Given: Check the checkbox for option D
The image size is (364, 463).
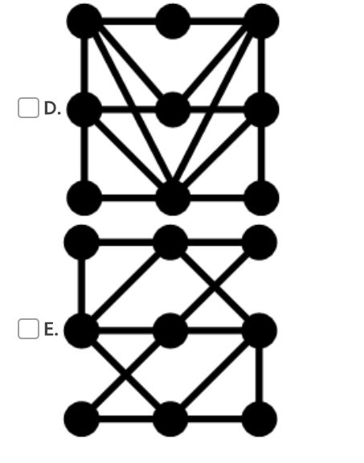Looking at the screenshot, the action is click(x=28, y=108).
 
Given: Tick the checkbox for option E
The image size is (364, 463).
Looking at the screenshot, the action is click(x=28, y=328).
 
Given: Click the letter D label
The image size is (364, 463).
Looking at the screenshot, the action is click(x=52, y=108).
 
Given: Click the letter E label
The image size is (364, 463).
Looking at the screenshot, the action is click(x=51, y=328).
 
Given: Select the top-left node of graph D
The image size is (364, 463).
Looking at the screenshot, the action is click(x=84, y=21).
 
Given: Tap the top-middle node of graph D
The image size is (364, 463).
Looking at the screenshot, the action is click(x=173, y=21).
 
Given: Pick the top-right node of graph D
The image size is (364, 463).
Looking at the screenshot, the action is click(x=261, y=21).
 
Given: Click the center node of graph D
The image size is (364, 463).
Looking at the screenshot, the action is click(x=173, y=109).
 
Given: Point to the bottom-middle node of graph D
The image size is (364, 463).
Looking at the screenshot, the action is click(x=173, y=198).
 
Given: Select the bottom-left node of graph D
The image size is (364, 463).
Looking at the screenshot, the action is click(x=84, y=198).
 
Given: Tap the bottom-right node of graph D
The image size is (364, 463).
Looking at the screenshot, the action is click(x=261, y=198).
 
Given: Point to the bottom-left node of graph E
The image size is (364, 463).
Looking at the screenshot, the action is click(x=81, y=419).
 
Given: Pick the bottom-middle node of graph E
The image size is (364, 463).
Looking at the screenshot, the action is click(x=170, y=419).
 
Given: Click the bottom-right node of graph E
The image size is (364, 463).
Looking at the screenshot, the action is click(x=260, y=419).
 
